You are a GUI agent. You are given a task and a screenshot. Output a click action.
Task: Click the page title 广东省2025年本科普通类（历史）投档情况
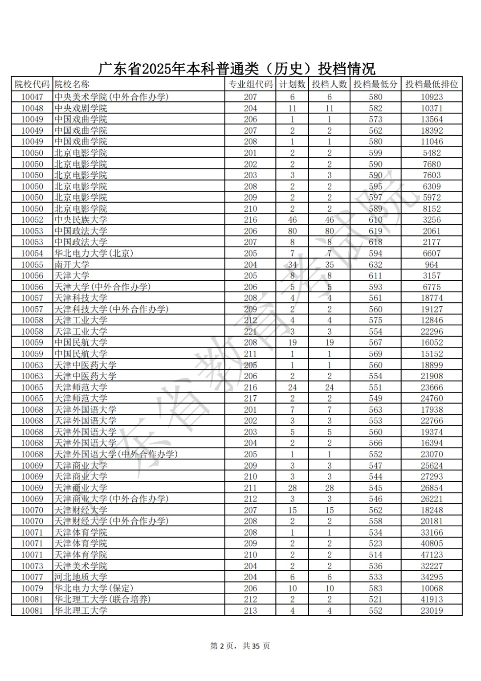tap(236, 69)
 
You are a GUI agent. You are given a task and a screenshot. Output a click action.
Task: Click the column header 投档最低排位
tap(431, 84)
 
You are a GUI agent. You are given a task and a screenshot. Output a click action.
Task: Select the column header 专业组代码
tap(250, 84)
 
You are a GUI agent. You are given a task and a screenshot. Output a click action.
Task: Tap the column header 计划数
tap(292, 84)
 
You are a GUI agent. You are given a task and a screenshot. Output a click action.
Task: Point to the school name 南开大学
tap(72, 265)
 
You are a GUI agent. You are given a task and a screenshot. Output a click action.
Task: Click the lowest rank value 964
tap(432, 265)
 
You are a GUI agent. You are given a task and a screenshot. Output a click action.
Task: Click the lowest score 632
tap(375, 265)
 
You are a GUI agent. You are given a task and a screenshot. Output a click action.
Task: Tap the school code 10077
tap(32, 577)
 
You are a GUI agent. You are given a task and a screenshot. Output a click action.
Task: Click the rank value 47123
tap(432, 555)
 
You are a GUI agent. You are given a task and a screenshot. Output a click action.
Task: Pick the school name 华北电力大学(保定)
tap(94, 588)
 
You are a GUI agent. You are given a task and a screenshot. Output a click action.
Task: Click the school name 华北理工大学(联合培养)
tap(102, 599)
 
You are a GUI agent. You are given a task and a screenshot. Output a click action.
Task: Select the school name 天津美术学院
tap(81, 566)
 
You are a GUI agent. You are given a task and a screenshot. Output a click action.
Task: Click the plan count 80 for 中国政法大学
tap(292, 231)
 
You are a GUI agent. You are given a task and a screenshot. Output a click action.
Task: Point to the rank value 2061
tap(432, 231)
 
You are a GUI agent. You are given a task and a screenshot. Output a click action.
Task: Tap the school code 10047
tap(32, 97)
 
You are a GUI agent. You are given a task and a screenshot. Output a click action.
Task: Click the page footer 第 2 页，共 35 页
tap(240, 646)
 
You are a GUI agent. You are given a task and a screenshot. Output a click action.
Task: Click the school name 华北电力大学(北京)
tap(94, 253)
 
